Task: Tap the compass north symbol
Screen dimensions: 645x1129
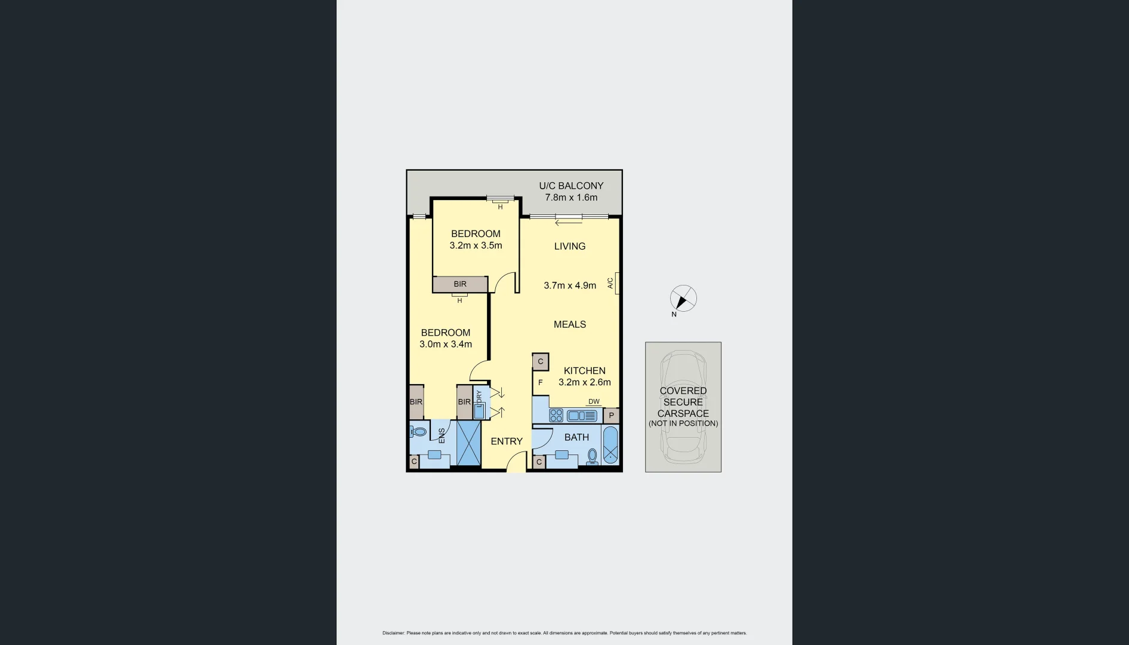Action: [x=683, y=299]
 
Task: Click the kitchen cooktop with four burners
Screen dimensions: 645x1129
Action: [x=556, y=415]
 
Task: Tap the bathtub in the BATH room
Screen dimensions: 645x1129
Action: [x=610, y=446]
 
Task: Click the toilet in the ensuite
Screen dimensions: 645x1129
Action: [x=419, y=431]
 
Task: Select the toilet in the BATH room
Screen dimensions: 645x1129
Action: [x=592, y=457]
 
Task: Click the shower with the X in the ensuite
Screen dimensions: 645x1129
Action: [x=468, y=443]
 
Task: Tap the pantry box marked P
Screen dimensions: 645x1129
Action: [x=611, y=416]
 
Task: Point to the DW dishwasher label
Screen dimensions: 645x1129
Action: [x=594, y=402]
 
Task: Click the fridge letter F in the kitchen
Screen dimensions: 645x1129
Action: [x=541, y=383]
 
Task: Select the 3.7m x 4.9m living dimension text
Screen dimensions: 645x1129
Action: [x=570, y=285]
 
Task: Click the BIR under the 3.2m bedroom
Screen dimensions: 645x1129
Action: [x=460, y=284]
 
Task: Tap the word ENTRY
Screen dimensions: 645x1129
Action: [x=507, y=441]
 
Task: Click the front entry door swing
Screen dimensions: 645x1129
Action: [x=517, y=461]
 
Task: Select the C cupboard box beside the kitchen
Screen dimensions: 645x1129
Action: [x=540, y=361]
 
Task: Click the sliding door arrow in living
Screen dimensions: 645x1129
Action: [x=568, y=223]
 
